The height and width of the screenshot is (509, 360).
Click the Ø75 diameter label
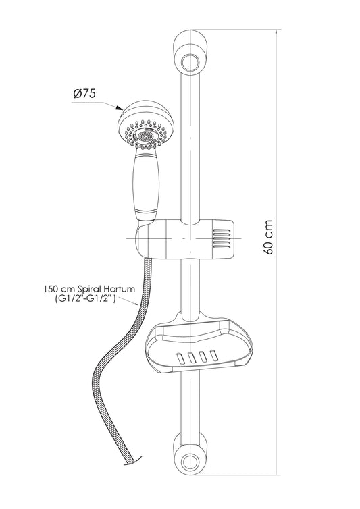click(84, 94)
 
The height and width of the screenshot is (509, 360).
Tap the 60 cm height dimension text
click(268, 238)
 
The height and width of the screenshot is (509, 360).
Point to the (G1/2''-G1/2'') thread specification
click(86, 299)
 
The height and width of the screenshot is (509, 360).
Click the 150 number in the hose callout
click(50, 289)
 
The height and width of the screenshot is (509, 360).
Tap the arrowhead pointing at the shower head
click(119, 108)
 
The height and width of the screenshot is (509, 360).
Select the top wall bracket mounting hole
click(189, 62)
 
